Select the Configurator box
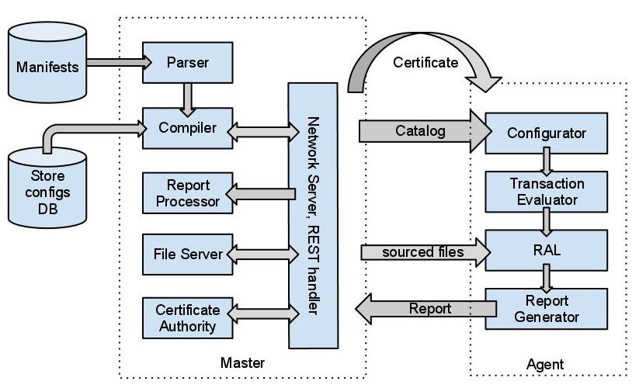[x=546, y=133]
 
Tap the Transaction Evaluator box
[x=546, y=191]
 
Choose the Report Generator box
[x=546, y=308]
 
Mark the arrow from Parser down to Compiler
[x=187, y=98]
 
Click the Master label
[x=242, y=363]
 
